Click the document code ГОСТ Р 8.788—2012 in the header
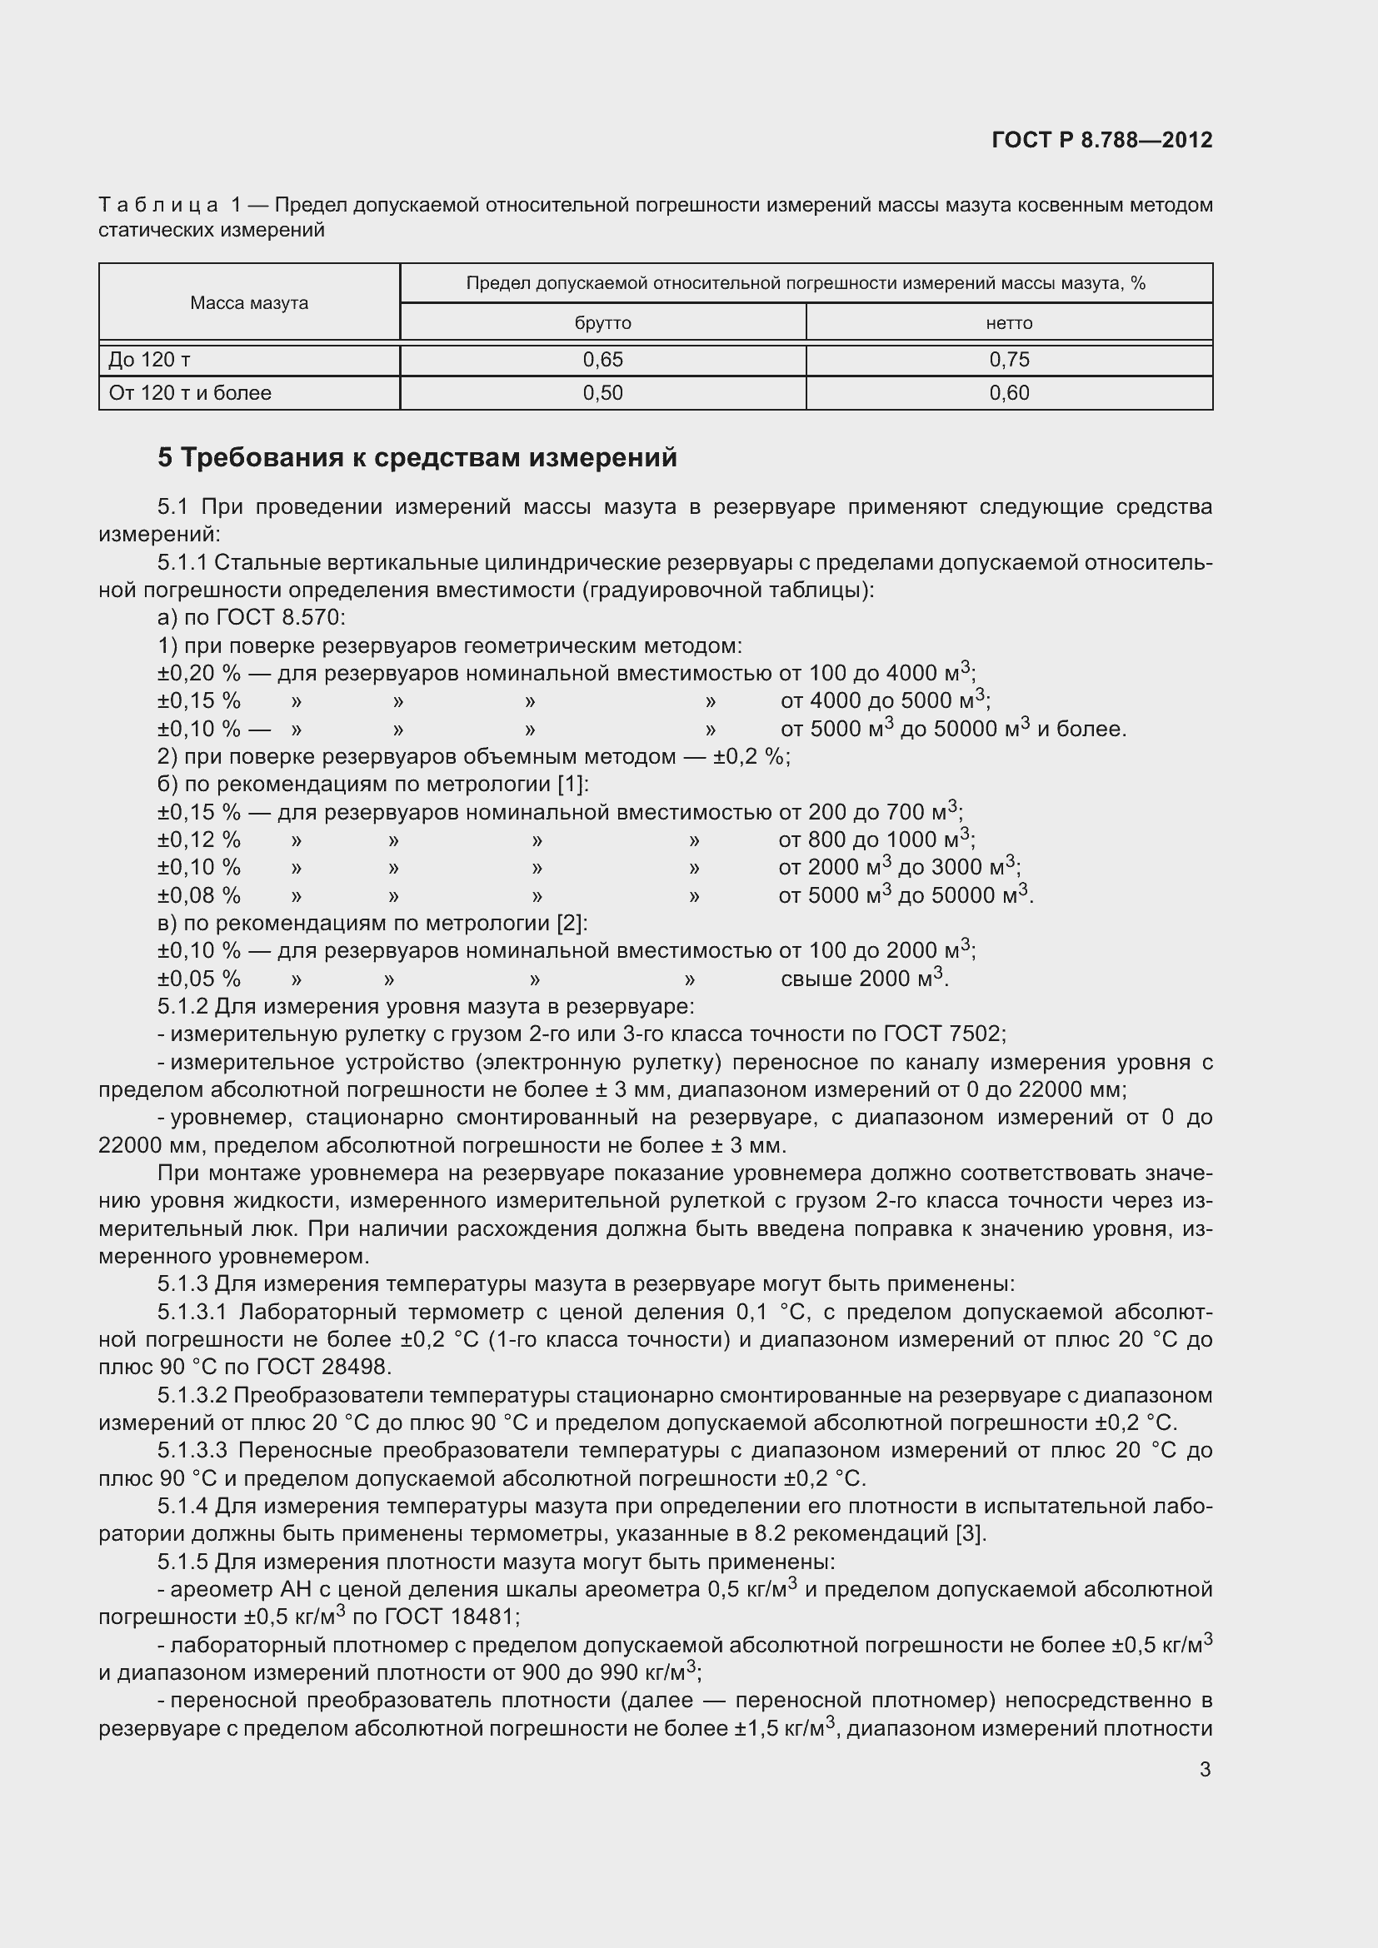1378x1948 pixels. click(1101, 140)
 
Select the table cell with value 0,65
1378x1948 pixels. click(602, 360)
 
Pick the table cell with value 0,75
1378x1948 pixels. click(1009, 360)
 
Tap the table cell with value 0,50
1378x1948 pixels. click(602, 393)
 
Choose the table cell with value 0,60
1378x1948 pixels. click(1009, 393)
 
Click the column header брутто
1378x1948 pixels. click(602, 323)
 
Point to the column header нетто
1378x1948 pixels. click(1009, 323)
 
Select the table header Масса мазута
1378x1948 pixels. click(248, 303)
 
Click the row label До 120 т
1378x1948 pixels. click(149, 360)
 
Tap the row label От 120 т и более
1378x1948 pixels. click(190, 393)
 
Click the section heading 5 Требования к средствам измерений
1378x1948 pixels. click(417, 458)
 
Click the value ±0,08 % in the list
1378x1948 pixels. click(198, 895)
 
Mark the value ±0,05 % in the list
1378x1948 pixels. click(198, 979)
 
